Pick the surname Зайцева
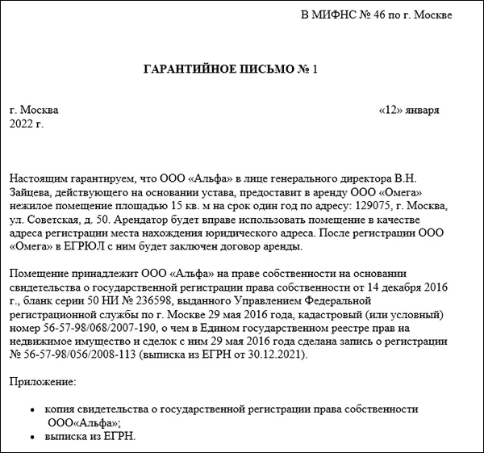pos(33,191)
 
